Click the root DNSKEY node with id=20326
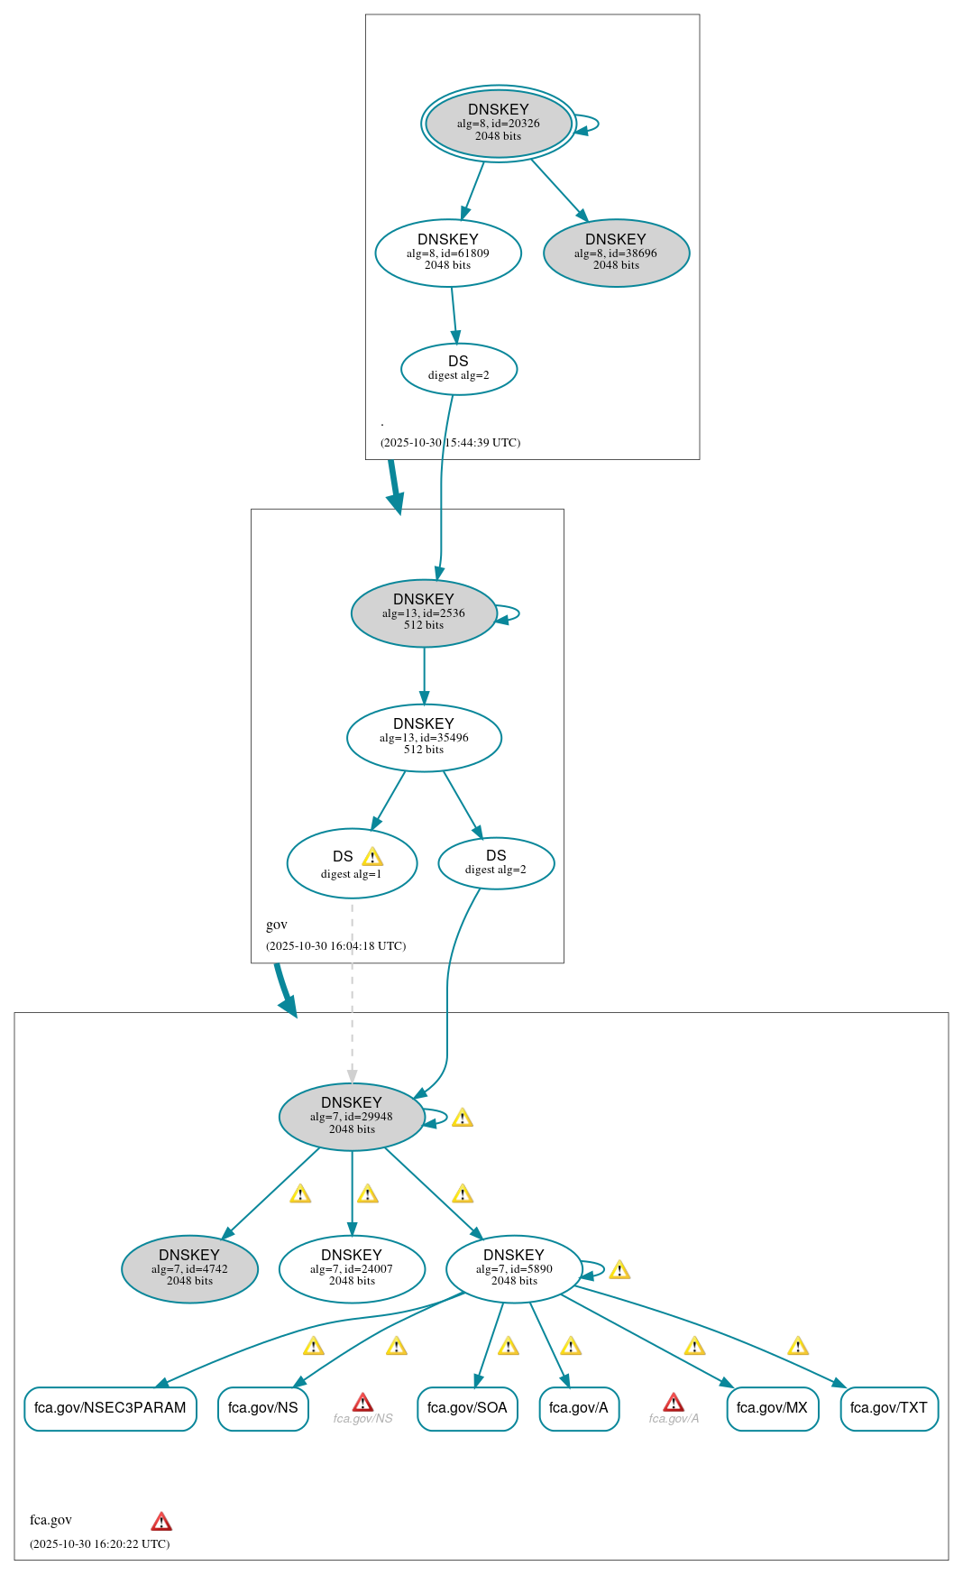point(498,124)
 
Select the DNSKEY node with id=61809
point(448,253)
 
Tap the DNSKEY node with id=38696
point(616,253)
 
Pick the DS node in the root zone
point(458,369)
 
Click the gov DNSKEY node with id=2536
point(424,613)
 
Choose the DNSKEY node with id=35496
point(424,738)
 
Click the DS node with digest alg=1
point(352,863)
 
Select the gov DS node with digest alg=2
point(496,863)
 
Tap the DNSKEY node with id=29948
point(352,1117)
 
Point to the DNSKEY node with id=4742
point(189,1269)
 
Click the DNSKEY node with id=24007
point(352,1269)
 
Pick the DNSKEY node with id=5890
point(514,1269)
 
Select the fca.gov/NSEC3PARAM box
point(110,1408)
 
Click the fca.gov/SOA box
point(467,1408)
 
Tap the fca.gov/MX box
point(772,1408)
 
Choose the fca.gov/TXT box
point(889,1408)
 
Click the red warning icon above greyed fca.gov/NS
point(362,1402)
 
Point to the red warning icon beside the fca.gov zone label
point(161,1522)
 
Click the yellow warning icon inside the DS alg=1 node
point(372,857)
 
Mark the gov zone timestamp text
point(335,946)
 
